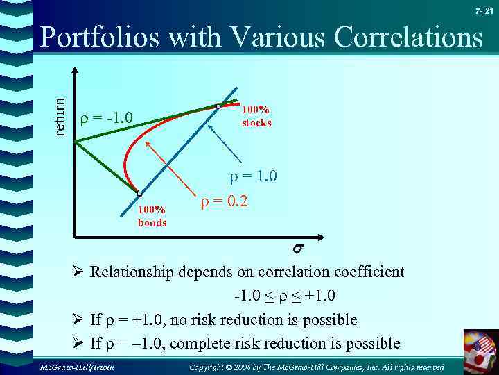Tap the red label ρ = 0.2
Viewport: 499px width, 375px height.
coord(224,203)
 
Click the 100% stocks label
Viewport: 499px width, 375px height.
coord(256,117)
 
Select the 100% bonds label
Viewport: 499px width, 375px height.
coord(152,216)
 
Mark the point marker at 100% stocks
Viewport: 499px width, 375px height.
coord(218,106)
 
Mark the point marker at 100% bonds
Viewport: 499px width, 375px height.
coord(139,194)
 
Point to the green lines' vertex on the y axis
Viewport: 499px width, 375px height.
coord(76,142)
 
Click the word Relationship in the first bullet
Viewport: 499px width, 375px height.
coord(133,272)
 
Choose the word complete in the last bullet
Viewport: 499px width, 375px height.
coord(197,343)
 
